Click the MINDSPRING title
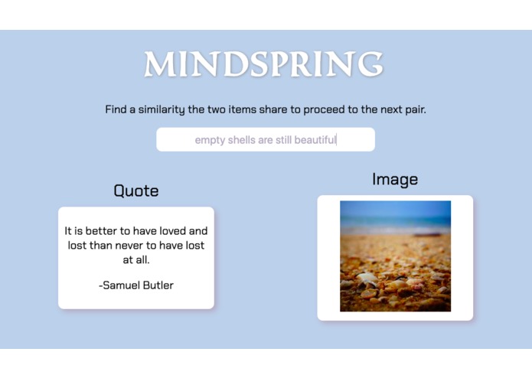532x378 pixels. click(x=263, y=64)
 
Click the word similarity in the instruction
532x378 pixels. click(x=157, y=109)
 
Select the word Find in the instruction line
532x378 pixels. click(x=115, y=109)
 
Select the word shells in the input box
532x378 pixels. click(x=243, y=140)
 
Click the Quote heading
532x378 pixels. click(x=136, y=191)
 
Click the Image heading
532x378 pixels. click(x=395, y=179)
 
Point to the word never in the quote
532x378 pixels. click(x=126, y=246)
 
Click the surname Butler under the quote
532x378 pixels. click(x=158, y=285)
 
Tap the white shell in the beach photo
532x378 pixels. click(x=368, y=279)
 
